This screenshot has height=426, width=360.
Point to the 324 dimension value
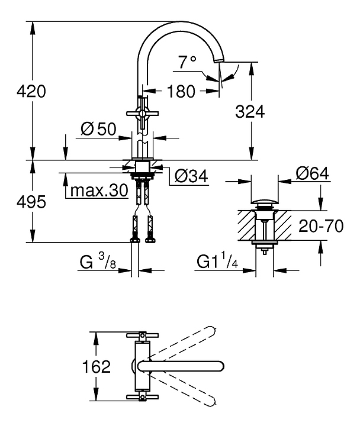click(249, 111)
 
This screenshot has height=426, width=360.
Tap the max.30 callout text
click(98, 191)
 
